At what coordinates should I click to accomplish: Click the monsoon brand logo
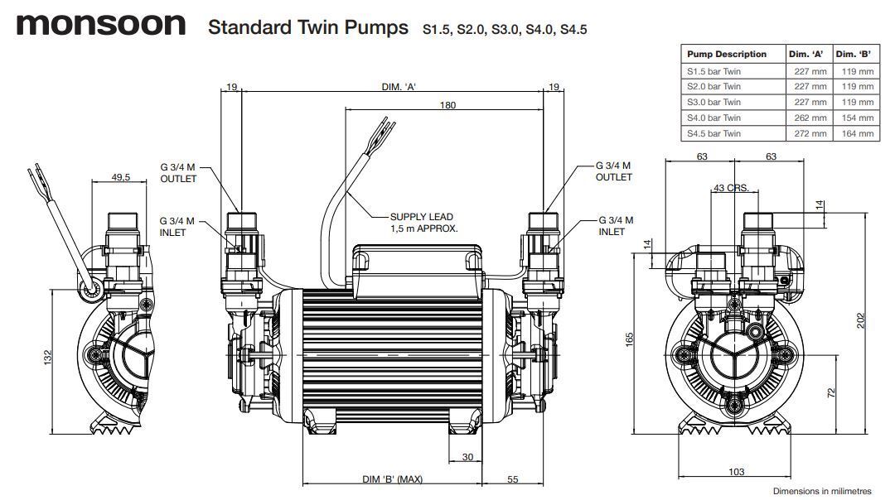tap(101, 24)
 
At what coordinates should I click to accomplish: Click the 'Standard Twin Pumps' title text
tap(307, 27)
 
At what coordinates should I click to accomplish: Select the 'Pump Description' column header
tap(727, 55)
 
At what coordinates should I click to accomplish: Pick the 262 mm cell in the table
tap(809, 118)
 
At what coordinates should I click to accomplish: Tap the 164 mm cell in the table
tap(855, 133)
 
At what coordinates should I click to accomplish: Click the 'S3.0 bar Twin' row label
tap(714, 102)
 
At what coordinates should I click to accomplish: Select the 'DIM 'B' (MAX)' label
tap(393, 480)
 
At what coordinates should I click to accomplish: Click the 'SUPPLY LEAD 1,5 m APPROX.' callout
tap(423, 222)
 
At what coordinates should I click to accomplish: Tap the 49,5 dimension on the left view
tap(122, 177)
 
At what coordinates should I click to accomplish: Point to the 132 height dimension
tap(48, 356)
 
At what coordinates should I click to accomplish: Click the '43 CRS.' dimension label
tap(731, 188)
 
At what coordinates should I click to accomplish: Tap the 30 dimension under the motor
tap(467, 457)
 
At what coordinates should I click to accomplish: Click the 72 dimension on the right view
tap(831, 392)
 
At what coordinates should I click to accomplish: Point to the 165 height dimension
tap(630, 339)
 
